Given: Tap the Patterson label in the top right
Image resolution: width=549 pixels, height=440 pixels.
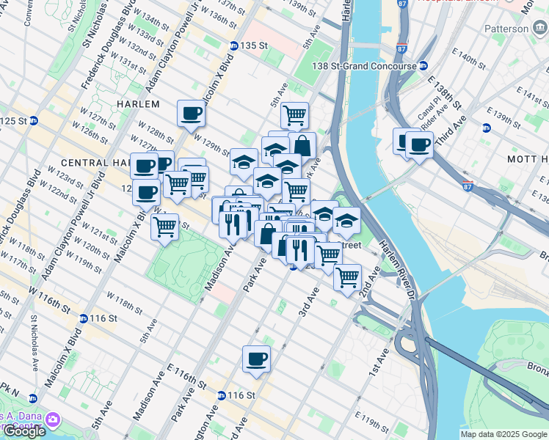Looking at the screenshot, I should pyautogui.click(x=506, y=29).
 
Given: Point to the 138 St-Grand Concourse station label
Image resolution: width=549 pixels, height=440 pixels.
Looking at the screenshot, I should pyautogui.click(x=371, y=66).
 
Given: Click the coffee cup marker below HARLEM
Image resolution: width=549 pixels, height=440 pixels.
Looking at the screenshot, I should pyautogui.click(x=191, y=114).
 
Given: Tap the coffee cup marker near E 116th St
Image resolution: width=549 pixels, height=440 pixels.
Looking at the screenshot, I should pyautogui.click(x=256, y=359).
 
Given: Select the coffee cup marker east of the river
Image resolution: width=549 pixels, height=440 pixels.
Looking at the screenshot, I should pyautogui.click(x=420, y=144).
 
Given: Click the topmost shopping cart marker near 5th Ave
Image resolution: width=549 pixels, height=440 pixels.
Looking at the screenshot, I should pyautogui.click(x=294, y=114).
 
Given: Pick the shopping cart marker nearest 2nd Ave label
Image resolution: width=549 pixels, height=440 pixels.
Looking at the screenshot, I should pyautogui.click(x=347, y=277).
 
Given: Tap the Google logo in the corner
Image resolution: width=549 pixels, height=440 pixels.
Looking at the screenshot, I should pyautogui.click(x=23, y=431).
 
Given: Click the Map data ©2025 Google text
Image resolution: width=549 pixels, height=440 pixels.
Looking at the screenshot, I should pyautogui.click(x=503, y=434).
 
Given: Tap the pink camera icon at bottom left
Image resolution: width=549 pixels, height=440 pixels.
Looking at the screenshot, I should pyautogui.click(x=52, y=419).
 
